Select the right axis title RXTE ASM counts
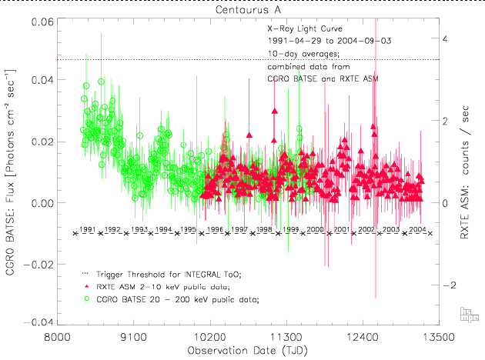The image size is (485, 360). [464, 171]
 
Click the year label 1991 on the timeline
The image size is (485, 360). [88, 230]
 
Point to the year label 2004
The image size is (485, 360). [418, 230]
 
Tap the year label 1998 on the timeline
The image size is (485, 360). [265, 230]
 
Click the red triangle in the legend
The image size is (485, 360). [86, 286]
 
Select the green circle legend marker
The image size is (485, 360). [86, 298]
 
